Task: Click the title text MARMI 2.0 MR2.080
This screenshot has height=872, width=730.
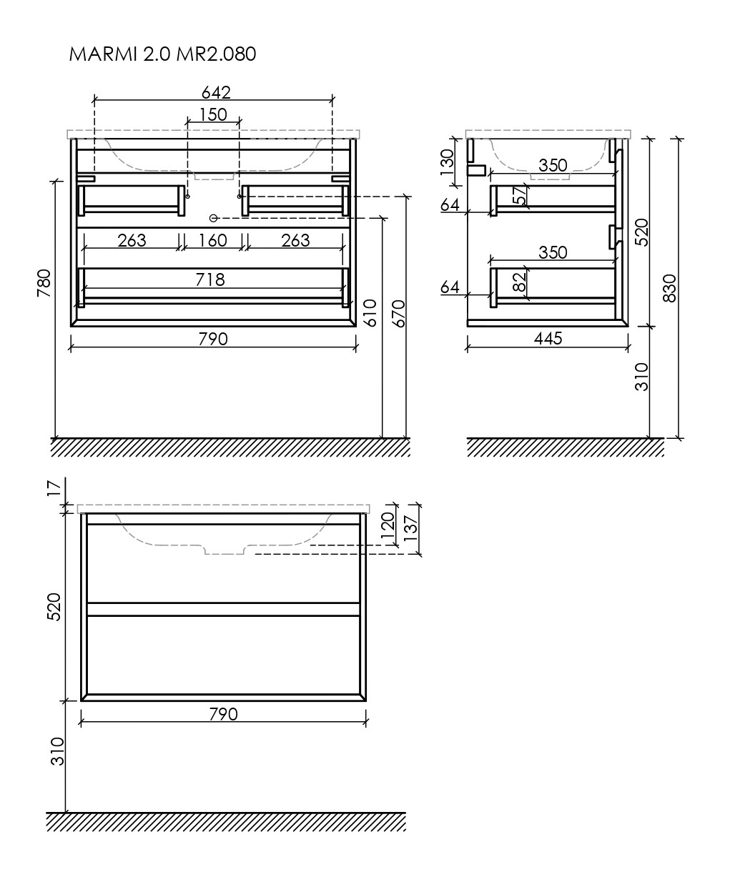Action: point(162,54)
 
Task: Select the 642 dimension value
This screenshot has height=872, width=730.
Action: point(216,92)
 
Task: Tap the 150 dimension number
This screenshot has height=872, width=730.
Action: point(213,114)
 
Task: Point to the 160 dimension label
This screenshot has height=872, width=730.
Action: point(212,240)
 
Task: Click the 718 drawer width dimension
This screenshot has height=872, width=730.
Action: point(210,279)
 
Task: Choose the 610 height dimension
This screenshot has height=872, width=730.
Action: point(370,312)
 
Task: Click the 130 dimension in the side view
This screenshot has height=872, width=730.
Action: point(448,162)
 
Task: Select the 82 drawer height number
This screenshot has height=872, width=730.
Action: point(520,282)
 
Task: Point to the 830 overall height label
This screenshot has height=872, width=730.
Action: point(669,288)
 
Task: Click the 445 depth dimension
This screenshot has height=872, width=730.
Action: point(548,337)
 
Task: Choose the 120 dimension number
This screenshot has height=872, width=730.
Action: point(387,525)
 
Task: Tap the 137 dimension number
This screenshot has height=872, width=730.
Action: point(410,530)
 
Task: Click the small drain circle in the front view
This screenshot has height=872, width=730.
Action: point(212,217)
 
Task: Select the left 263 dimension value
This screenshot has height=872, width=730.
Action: point(132,240)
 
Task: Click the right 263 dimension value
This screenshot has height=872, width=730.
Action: point(295,240)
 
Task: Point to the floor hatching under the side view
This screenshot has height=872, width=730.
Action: point(565,447)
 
